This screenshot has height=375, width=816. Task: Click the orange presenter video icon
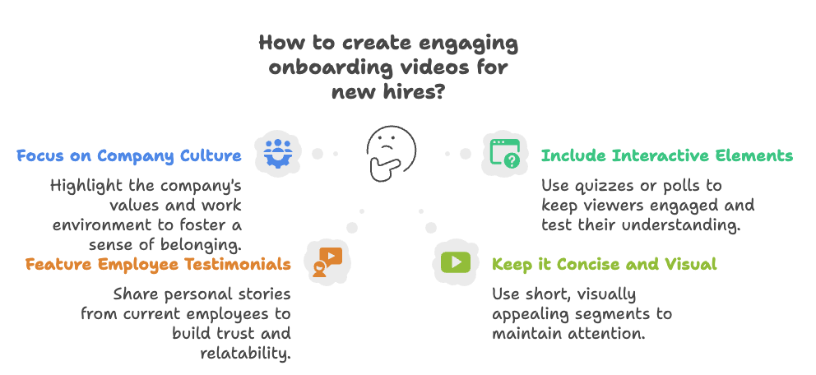327,262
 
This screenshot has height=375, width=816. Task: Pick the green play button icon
455,262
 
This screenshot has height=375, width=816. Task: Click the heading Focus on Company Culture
129,155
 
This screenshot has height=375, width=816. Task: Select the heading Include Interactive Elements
666,155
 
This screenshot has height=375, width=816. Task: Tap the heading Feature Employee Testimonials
157,265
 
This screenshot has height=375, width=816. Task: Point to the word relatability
245,354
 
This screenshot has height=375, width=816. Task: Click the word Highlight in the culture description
86,185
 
